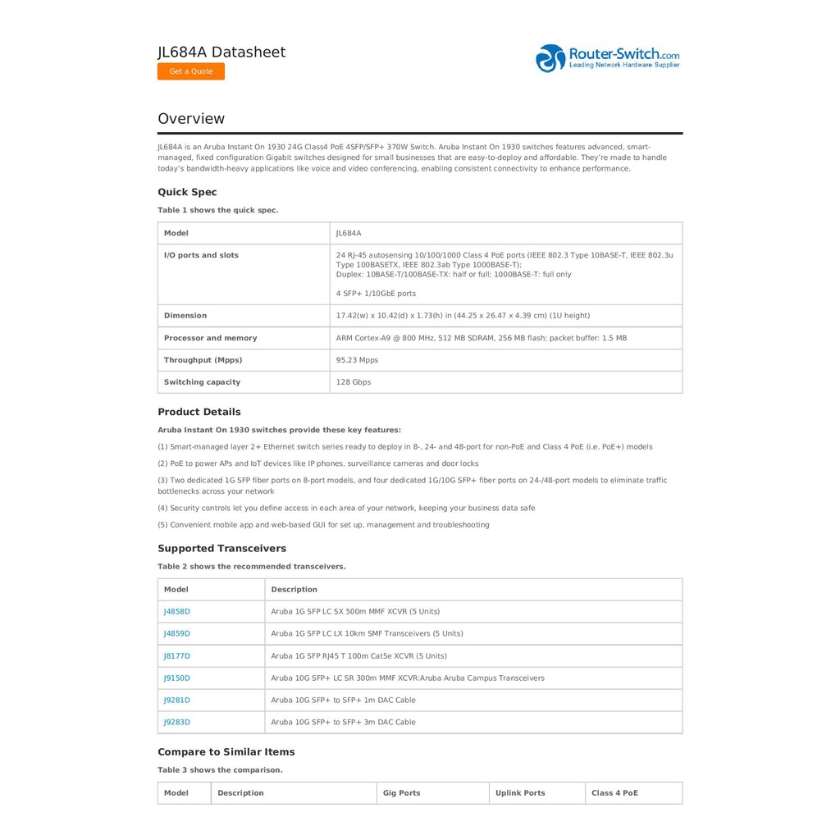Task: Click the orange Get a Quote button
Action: tap(191, 71)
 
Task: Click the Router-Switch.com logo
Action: tap(608, 58)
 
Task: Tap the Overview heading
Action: tap(191, 119)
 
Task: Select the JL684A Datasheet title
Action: tap(221, 52)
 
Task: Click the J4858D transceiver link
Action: tap(177, 612)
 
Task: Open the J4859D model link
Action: tap(177, 634)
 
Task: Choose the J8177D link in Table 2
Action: tap(177, 656)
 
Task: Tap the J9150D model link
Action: tap(177, 678)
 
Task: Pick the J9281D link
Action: tap(177, 701)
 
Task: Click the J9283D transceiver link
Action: tap(177, 723)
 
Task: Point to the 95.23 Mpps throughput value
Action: tap(357, 360)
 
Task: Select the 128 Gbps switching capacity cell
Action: tap(354, 382)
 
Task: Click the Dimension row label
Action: tap(185, 316)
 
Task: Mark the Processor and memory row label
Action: tap(210, 338)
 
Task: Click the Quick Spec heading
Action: tap(187, 193)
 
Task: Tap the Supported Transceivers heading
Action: tap(221, 549)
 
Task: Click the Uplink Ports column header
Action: tap(520, 793)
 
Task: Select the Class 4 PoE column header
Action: tap(614, 793)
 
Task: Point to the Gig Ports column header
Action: tap(401, 793)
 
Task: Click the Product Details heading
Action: tap(199, 413)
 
